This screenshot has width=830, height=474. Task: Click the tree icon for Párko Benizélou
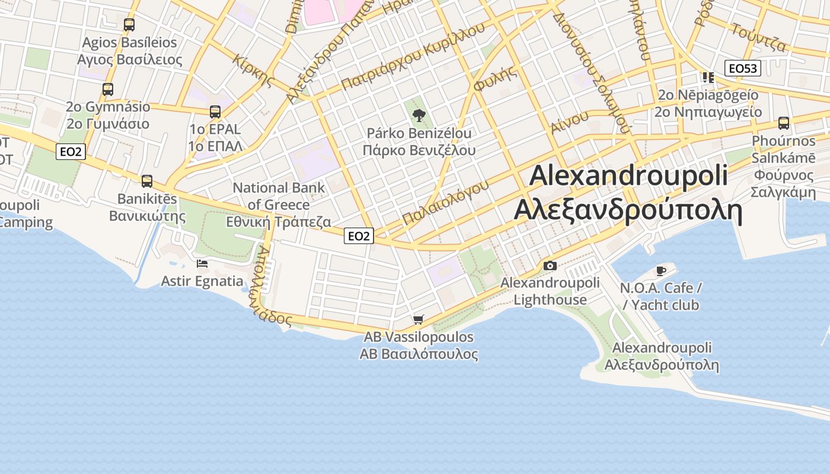tap(419, 115)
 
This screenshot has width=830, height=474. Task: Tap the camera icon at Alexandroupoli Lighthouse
tap(550, 265)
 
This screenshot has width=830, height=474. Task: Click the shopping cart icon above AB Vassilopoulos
tap(419, 320)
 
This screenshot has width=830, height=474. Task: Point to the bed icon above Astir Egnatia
tap(202, 264)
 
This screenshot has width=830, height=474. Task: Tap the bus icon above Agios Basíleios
tap(129, 25)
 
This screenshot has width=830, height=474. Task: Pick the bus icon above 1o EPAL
tap(215, 111)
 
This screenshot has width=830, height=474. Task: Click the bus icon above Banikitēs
tap(147, 181)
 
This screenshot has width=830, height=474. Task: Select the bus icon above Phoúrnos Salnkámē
tap(784, 123)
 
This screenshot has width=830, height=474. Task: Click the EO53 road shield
tap(743, 68)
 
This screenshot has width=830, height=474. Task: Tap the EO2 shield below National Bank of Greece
tap(359, 236)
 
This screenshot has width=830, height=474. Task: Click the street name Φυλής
tap(495, 80)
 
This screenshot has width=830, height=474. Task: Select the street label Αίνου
tap(569, 122)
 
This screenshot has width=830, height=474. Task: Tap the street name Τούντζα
tap(759, 37)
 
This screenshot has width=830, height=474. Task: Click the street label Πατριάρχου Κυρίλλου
tap(413, 57)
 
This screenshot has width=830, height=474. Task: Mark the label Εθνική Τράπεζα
tap(279, 222)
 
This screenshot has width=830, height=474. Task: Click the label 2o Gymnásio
tap(108, 107)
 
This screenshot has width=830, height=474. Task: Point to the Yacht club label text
tap(665, 305)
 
